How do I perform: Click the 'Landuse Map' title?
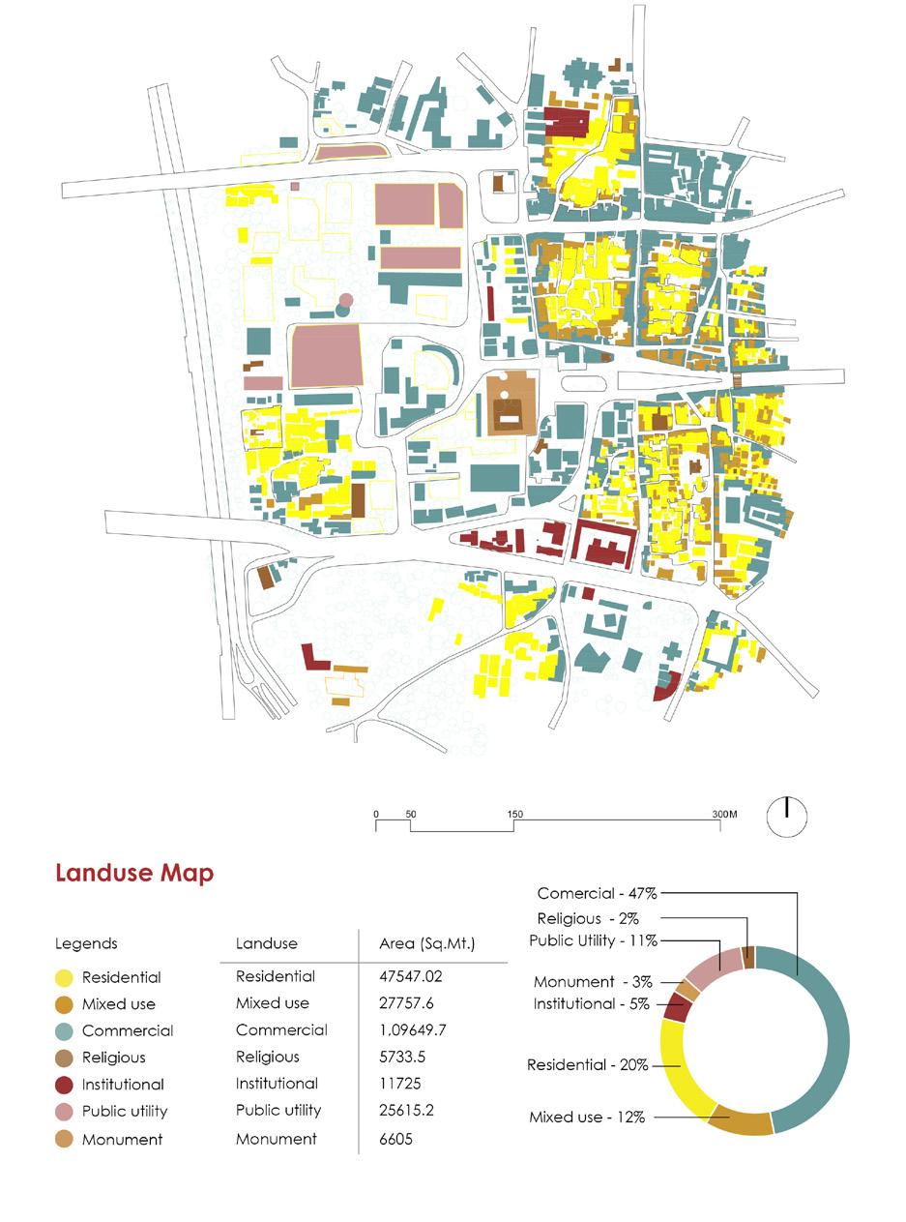pos(134,873)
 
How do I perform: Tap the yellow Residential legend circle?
pos(65,978)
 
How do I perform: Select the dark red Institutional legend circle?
pos(65,1086)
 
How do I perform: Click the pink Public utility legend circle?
pos(65,1112)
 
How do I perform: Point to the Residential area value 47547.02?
pos(411,977)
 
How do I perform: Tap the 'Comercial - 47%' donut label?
pos(598,894)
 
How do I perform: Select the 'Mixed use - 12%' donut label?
pos(587,1118)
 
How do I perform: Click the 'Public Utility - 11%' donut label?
pos(593,940)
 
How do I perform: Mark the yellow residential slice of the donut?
pos(682,1064)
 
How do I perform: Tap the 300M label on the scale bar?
pos(725,815)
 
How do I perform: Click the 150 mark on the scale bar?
pos(514,815)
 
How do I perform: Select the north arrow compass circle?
pos(787,816)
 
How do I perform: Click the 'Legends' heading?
pos(86,943)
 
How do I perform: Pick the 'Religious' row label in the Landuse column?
pos(268,1058)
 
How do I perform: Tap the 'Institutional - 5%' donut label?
pos(591,1004)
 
